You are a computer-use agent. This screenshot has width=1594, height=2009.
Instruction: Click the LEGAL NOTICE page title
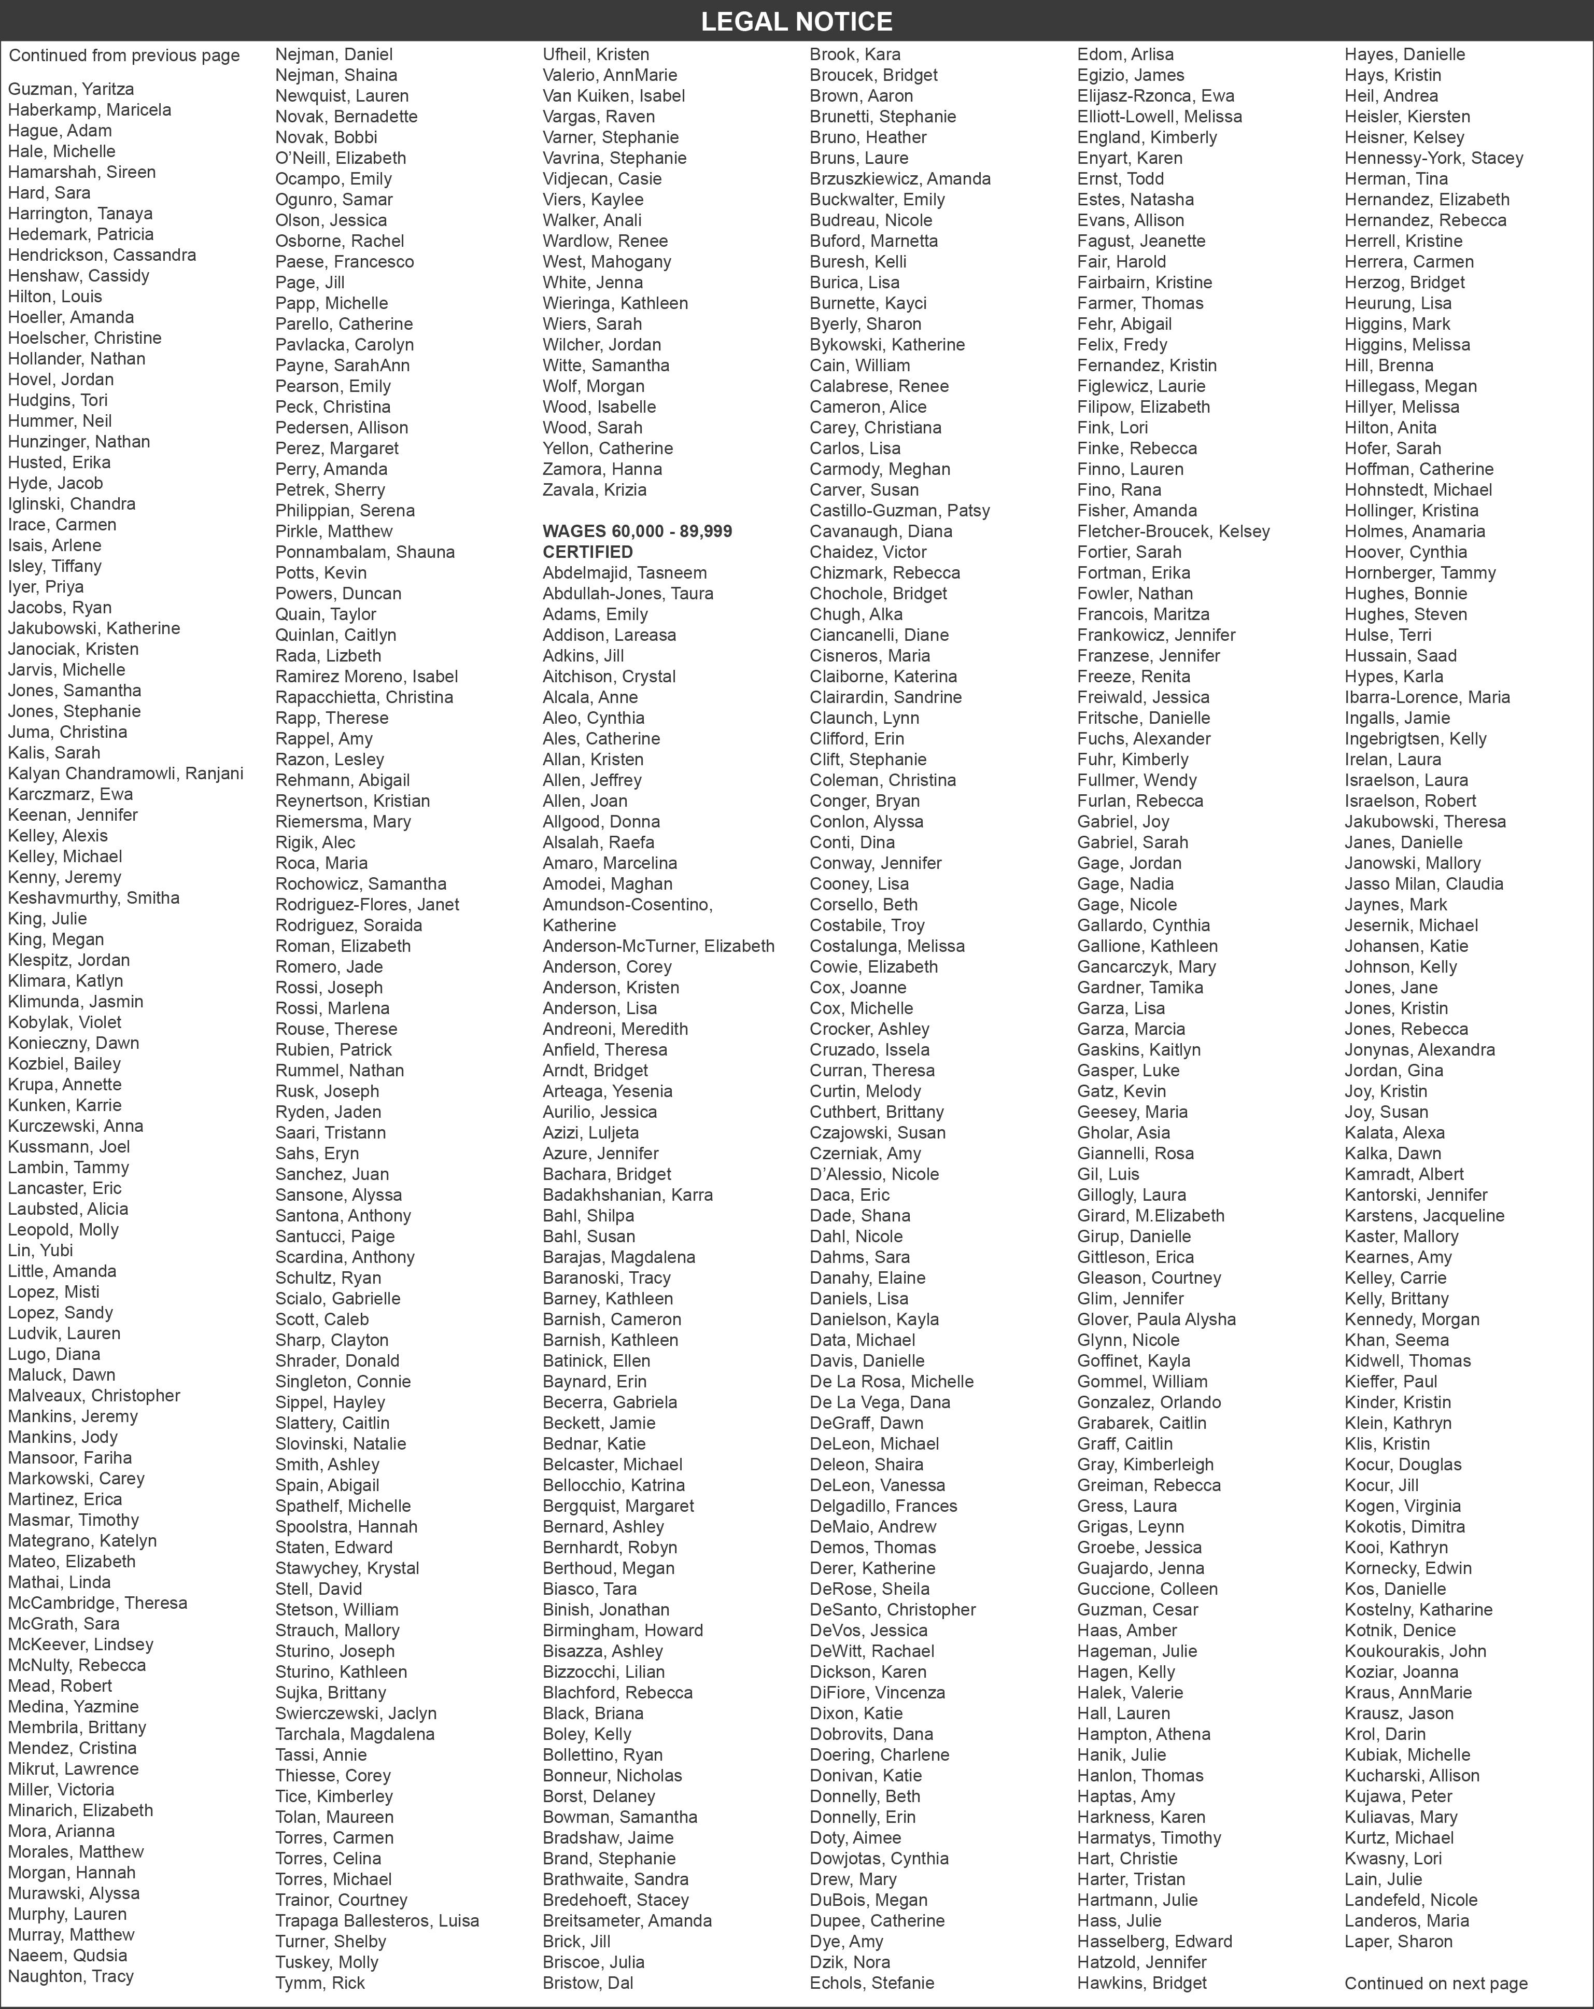coord(797,21)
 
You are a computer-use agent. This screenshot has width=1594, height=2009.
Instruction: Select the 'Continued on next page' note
coord(1435,1983)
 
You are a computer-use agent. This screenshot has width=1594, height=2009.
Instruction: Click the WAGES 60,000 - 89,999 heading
coord(637,531)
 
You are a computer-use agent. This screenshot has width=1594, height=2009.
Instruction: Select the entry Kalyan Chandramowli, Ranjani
coord(126,774)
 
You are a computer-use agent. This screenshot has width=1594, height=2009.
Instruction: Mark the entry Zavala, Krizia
coord(595,490)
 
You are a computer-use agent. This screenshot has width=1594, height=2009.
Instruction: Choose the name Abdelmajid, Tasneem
coord(624,573)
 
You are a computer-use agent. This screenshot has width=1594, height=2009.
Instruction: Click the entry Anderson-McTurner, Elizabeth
coord(658,946)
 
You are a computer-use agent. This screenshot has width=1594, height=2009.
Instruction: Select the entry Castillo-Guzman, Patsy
coord(899,511)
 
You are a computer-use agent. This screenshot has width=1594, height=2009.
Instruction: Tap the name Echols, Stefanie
coord(871,1983)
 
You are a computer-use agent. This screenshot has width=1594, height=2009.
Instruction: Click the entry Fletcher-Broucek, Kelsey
coord(1173,531)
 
